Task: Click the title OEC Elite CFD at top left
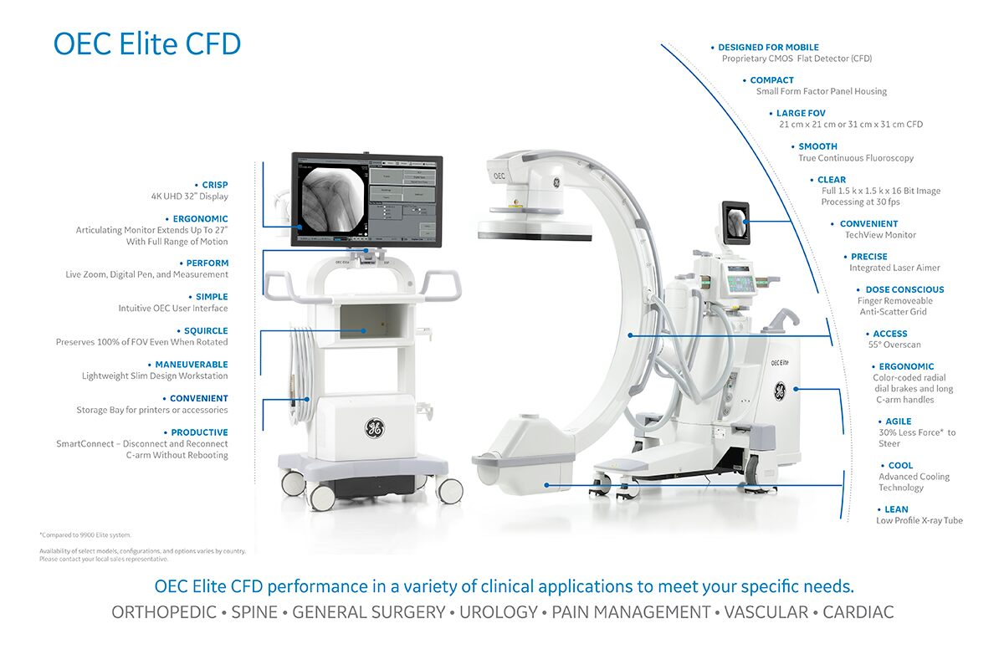pyautogui.click(x=147, y=43)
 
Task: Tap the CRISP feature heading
pyautogui.click(x=214, y=185)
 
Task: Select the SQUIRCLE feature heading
pyautogui.click(x=205, y=330)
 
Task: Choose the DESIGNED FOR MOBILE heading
pyautogui.click(x=768, y=48)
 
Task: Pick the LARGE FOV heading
pyautogui.click(x=801, y=113)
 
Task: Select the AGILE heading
pyautogui.click(x=898, y=422)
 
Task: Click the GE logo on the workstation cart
pyautogui.click(x=374, y=429)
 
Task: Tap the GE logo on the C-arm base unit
pyautogui.click(x=780, y=391)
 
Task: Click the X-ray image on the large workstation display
pyautogui.click(x=331, y=198)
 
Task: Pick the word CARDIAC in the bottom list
pyautogui.click(x=858, y=612)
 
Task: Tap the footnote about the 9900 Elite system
pyautogui.click(x=85, y=534)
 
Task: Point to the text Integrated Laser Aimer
pyautogui.click(x=894, y=268)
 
